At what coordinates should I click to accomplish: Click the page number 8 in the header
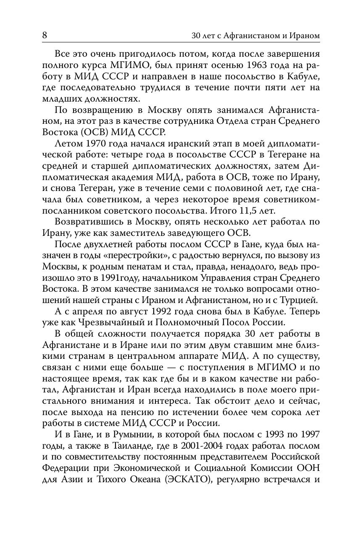click(x=45, y=36)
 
